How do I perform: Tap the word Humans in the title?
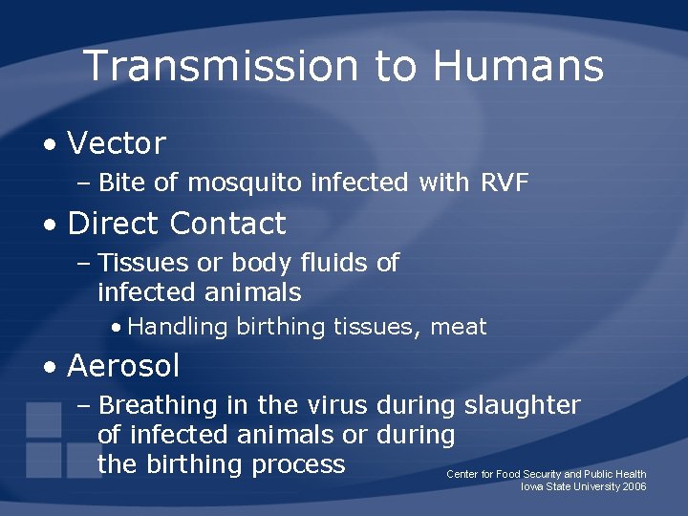click(x=518, y=66)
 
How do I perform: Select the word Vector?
click(x=117, y=144)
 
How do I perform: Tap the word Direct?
click(x=114, y=224)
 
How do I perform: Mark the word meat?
click(x=459, y=327)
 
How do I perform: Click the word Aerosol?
click(x=123, y=365)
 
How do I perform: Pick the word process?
click(x=300, y=464)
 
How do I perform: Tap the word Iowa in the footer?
click(x=531, y=486)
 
